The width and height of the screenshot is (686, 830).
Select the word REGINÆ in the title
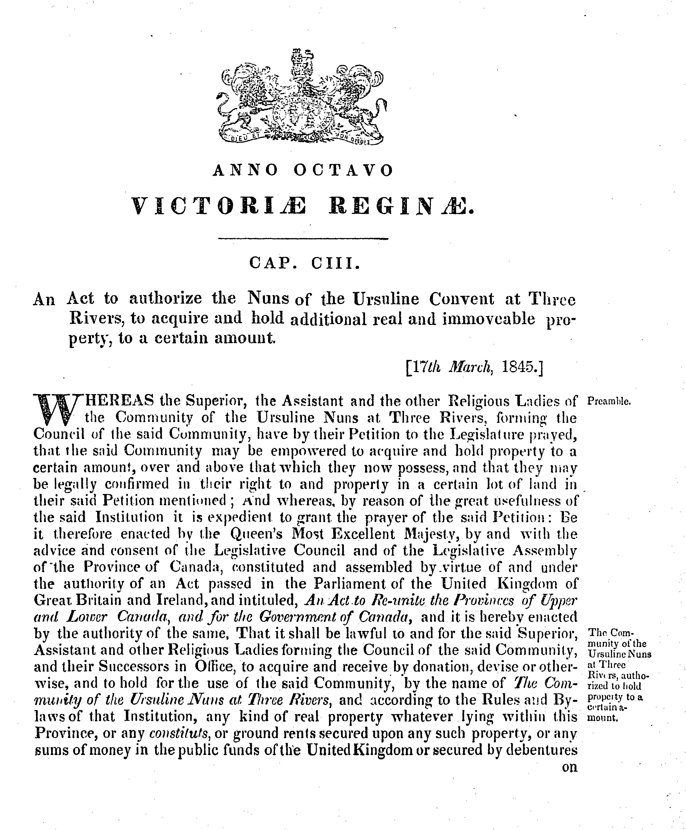pos(402,206)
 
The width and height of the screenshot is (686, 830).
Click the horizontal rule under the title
pos(303,238)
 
